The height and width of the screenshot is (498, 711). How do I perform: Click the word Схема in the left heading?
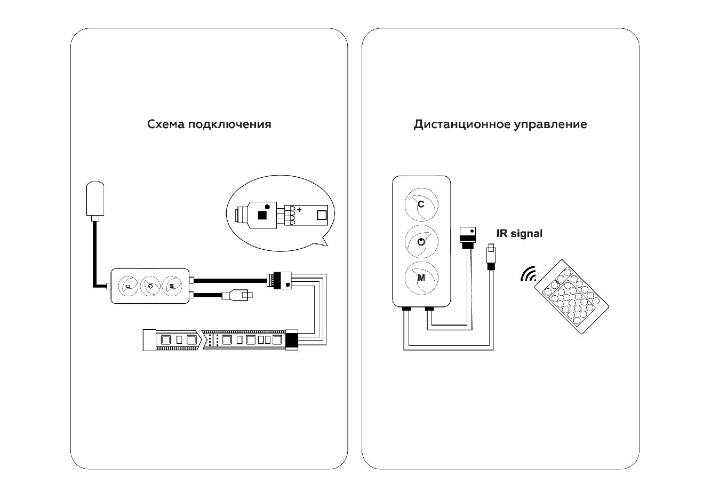click(x=166, y=124)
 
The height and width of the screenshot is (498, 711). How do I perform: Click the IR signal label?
click(x=519, y=233)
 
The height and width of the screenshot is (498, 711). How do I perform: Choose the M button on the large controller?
click(x=421, y=278)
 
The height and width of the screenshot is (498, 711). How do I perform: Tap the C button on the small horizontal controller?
click(x=128, y=287)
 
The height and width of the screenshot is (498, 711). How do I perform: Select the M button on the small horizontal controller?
click(x=172, y=287)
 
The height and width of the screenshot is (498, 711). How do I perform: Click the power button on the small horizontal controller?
click(x=150, y=287)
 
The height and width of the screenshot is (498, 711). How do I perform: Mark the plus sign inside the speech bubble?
click(x=299, y=209)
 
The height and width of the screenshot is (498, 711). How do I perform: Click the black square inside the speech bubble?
click(x=262, y=215)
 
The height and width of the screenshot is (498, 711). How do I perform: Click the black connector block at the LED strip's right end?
click(x=292, y=340)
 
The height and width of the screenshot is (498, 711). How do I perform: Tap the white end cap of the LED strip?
click(x=149, y=340)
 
